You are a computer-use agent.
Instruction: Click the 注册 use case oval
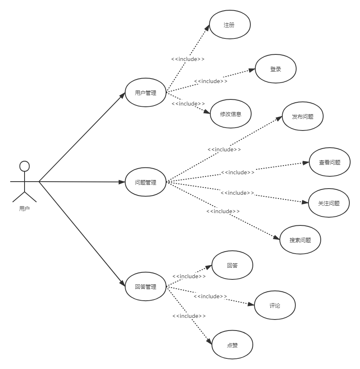pyautogui.click(x=229, y=25)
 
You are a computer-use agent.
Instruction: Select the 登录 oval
pyautogui.click(x=276, y=69)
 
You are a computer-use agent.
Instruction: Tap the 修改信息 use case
pyautogui.click(x=230, y=114)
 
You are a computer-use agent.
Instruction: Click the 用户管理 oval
pyautogui.click(x=146, y=93)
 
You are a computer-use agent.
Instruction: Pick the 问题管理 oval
pyautogui.click(x=146, y=182)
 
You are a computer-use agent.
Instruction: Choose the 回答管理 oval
pyautogui.click(x=146, y=286)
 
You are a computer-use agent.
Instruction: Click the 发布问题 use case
pyautogui.click(x=303, y=117)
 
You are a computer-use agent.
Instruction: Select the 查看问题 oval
pyautogui.click(x=330, y=162)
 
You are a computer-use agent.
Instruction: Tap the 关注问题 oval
pyautogui.click(x=329, y=203)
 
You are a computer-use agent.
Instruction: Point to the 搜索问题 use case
pyautogui.click(x=300, y=240)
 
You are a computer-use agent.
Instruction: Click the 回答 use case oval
pyautogui.click(x=232, y=265)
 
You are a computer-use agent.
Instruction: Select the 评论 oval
pyautogui.click(x=275, y=305)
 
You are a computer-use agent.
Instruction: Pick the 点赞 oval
pyautogui.click(x=232, y=345)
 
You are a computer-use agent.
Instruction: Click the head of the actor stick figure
pyautogui.click(x=25, y=166)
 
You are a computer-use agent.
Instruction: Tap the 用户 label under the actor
pyautogui.click(x=25, y=209)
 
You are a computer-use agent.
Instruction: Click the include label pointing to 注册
pyautogui.click(x=188, y=59)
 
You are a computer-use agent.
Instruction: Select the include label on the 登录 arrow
pyautogui.click(x=211, y=81)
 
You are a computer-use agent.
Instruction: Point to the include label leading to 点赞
pyautogui.click(x=189, y=316)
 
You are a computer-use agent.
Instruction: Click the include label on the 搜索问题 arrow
pyautogui.click(x=223, y=211)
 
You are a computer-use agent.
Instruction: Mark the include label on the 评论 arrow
pyautogui.click(x=210, y=296)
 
